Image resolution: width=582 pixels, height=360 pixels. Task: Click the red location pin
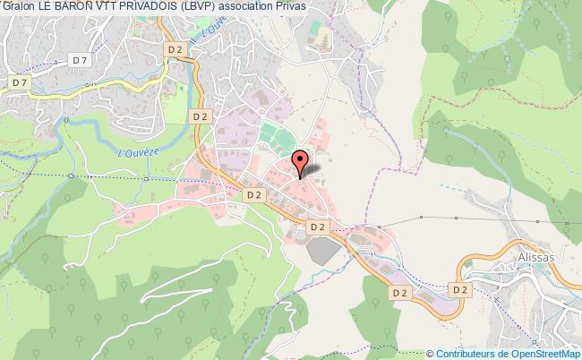[x=301, y=161]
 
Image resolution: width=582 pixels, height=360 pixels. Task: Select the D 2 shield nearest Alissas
[x=460, y=290]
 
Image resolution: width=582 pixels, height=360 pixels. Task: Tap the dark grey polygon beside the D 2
[x=324, y=250]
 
